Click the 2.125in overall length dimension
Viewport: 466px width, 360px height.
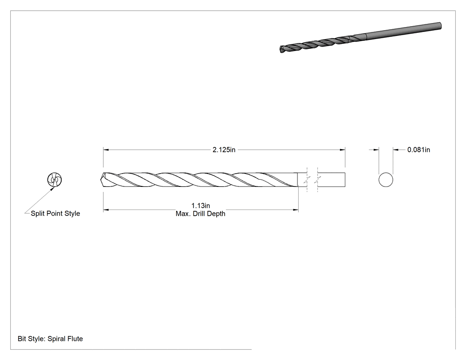pyautogui.click(x=224, y=150)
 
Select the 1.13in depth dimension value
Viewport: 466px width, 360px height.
pyautogui.click(x=201, y=206)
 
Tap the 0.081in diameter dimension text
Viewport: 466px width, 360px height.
pyautogui.click(x=419, y=150)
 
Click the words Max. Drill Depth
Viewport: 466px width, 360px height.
pyautogui.click(x=201, y=214)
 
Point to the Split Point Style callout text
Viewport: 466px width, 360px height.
pyautogui.click(x=55, y=214)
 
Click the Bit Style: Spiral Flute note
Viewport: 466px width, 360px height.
pyautogui.click(x=50, y=339)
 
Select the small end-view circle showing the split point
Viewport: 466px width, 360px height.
pyautogui.click(x=55, y=179)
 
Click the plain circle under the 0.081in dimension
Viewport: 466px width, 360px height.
pyautogui.click(x=386, y=180)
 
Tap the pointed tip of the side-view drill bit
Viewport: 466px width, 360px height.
pyautogui.click(x=101, y=179)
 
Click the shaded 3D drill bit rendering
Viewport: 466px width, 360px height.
pyautogui.click(x=360, y=37)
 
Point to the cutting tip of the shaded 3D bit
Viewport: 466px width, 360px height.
pyautogui.click(x=281, y=49)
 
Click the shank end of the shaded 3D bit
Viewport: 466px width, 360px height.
pyautogui.click(x=439, y=26)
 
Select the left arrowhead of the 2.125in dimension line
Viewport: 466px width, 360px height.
pyautogui.click(x=106, y=150)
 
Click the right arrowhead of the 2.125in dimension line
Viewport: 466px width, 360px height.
pyautogui.click(x=342, y=150)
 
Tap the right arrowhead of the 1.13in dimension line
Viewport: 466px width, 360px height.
pyautogui.click(x=296, y=210)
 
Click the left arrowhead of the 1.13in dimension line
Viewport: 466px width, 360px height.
pyautogui.click(x=106, y=210)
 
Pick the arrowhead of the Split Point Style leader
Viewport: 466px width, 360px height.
pyautogui.click(x=52, y=189)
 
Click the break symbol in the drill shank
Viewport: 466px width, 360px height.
pyautogui.click(x=312, y=180)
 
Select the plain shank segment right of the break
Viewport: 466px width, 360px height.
pyautogui.click(x=332, y=180)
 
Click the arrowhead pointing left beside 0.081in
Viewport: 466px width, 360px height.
pyautogui.click(x=396, y=150)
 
